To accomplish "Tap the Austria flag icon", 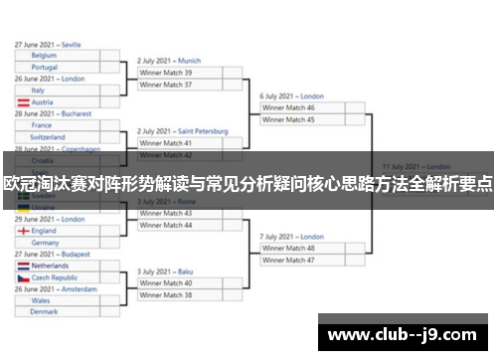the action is point(23,101).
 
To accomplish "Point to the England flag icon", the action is point(23,231).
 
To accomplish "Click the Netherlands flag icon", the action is point(23,267).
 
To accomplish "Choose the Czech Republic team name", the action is point(58,277).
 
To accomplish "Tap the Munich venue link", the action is point(189,60).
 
